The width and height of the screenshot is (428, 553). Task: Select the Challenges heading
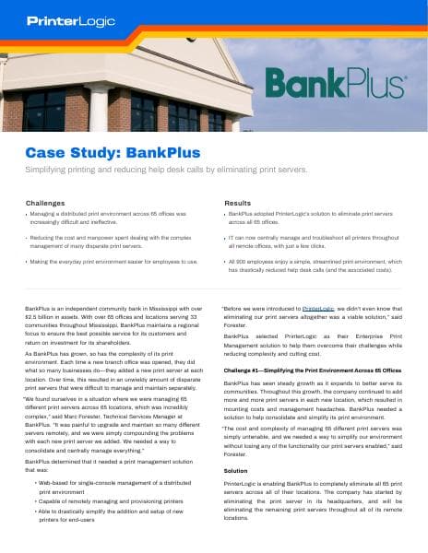click(x=45, y=202)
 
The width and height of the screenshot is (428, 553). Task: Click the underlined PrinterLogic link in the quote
click(x=316, y=310)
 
